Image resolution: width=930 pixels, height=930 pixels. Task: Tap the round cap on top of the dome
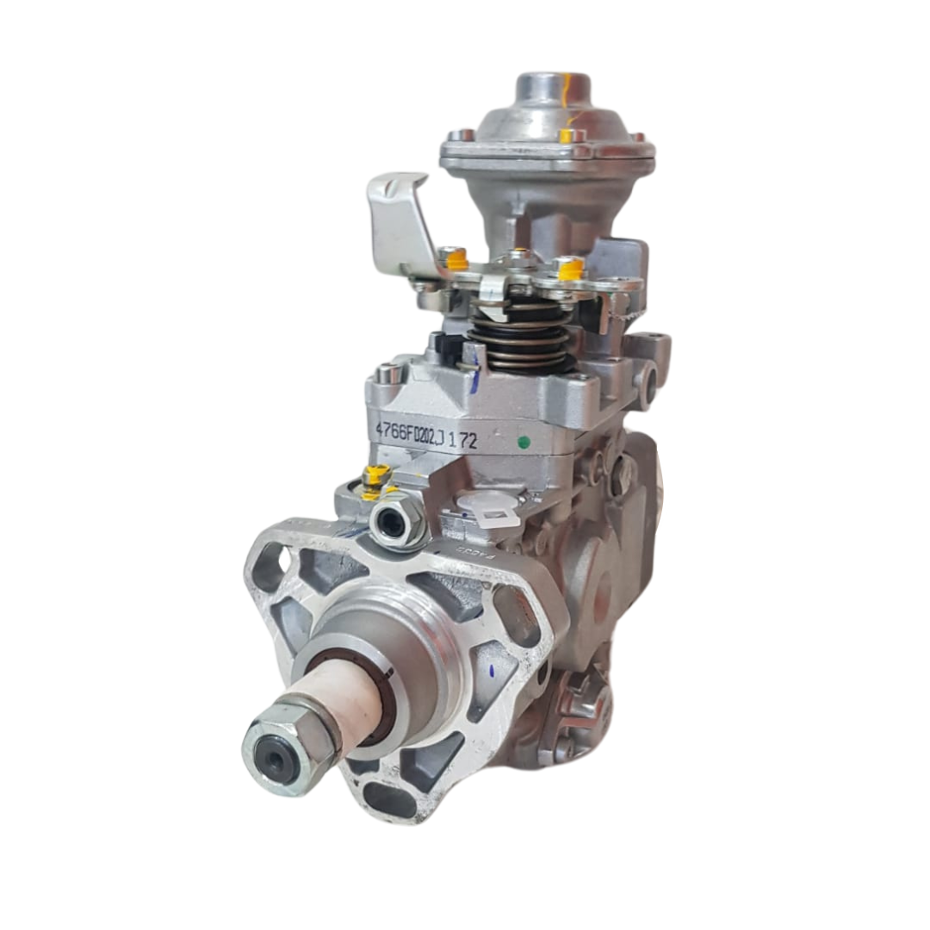(553, 90)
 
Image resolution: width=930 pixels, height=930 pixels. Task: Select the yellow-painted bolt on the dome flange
(567, 136)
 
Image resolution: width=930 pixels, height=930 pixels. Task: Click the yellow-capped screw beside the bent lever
(453, 258)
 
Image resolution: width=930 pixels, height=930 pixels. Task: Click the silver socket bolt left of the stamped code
(389, 375)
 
